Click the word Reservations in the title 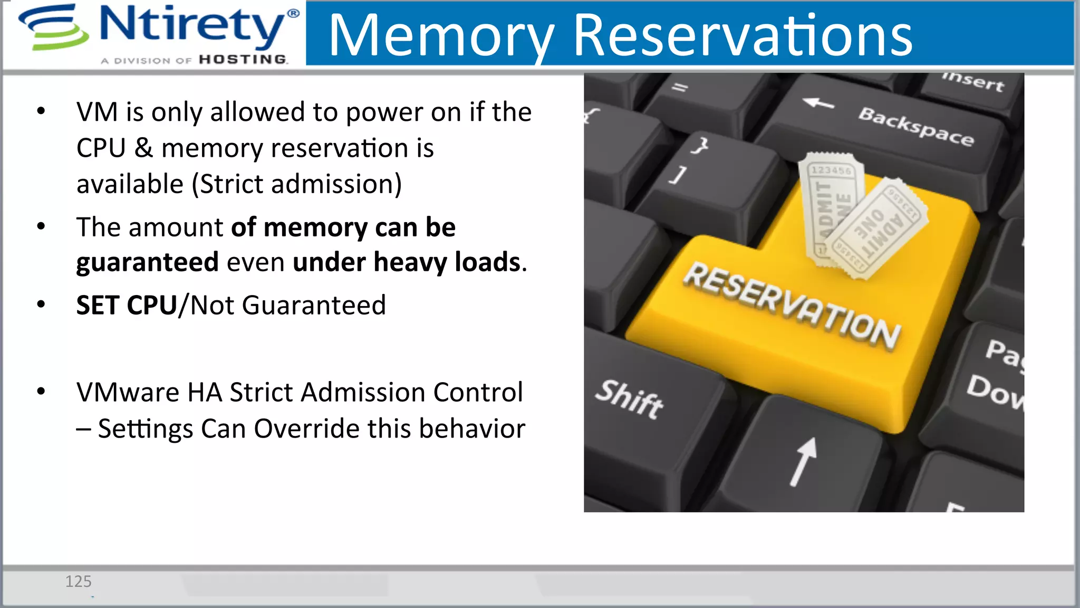[x=742, y=36]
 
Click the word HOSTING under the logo [x=243, y=60]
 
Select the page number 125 [x=78, y=582]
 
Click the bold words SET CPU [x=126, y=306]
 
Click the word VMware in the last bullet [x=128, y=393]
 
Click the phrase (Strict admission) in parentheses [x=296, y=184]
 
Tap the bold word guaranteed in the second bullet [x=147, y=262]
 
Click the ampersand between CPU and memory [x=143, y=148]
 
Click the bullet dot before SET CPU [x=41, y=305]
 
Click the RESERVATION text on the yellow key [x=791, y=306]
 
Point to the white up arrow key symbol [x=804, y=461]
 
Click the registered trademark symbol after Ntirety [x=293, y=14]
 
